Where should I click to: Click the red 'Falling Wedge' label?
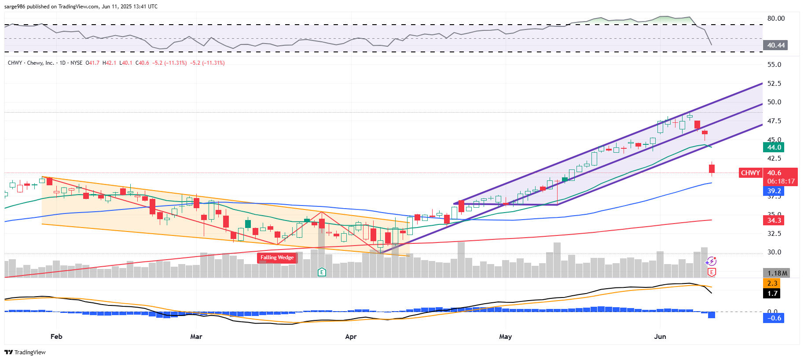tap(277, 257)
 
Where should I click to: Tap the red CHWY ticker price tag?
tap(750, 173)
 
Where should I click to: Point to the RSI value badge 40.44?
tap(775, 45)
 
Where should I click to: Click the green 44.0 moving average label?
tap(774, 147)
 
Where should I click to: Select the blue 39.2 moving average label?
tap(774, 191)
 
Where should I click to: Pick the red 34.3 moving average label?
tap(774, 220)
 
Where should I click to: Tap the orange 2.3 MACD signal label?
tap(772, 283)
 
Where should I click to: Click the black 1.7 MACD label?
tap(772, 294)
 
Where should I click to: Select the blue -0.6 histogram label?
tap(774, 318)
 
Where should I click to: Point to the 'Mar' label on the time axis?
tap(196, 337)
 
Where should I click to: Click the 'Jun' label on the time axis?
tap(660, 337)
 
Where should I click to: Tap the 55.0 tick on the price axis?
tap(774, 65)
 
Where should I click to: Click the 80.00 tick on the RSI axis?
tap(776, 18)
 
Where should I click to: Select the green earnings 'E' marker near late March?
tap(322, 272)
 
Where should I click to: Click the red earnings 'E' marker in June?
tap(711, 273)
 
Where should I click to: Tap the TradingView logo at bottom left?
tap(25, 352)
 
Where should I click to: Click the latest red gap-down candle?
tap(712, 169)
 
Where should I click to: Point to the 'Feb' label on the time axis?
tap(56, 337)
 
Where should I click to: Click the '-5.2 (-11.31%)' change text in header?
tap(169, 63)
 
